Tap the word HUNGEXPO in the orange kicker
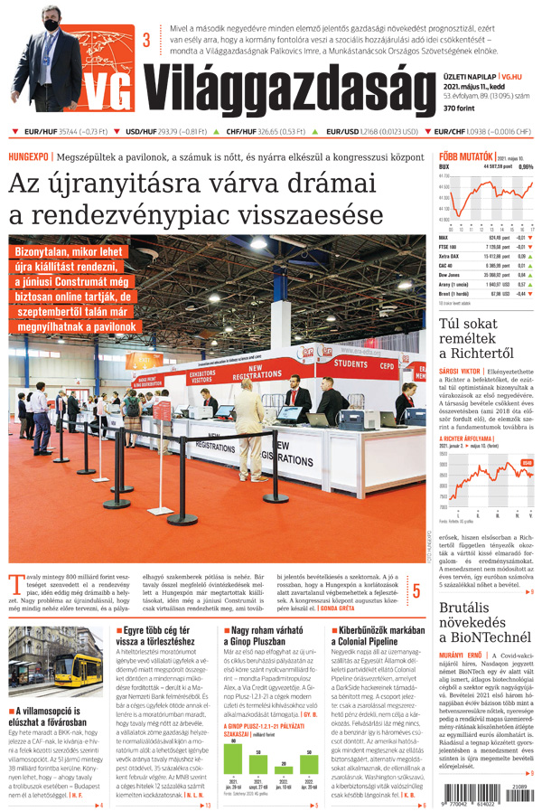28,156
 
